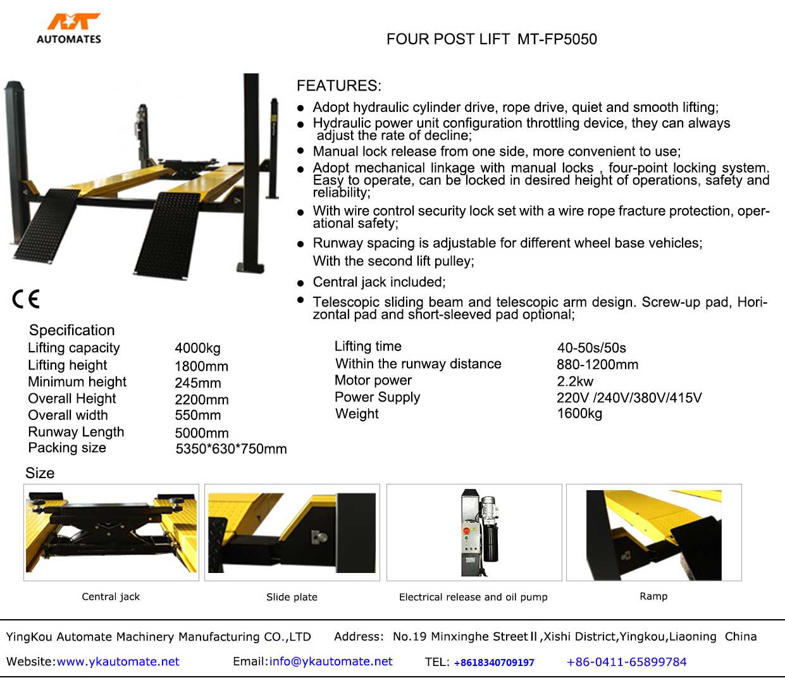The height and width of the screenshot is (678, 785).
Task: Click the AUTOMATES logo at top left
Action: pyautogui.click(x=69, y=29)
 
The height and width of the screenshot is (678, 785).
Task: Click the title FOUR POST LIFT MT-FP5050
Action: pyautogui.click(x=491, y=39)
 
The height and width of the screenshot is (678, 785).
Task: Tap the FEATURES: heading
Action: pyautogui.click(x=339, y=86)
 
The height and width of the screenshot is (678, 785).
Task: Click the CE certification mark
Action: pyautogui.click(x=26, y=299)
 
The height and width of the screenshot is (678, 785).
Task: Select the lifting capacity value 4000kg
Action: pyautogui.click(x=197, y=348)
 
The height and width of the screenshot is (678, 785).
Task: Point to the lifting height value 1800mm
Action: pyautogui.click(x=201, y=366)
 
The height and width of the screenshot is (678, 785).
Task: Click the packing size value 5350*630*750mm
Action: pyautogui.click(x=231, y=449)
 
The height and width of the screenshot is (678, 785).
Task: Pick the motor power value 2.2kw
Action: pyautogui.click(x=575, y=381)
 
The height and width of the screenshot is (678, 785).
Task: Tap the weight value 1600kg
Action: pyautogui.click(x=579, y=414)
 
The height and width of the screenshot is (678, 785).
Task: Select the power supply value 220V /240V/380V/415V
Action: pyautogui.click(x=629, y=398)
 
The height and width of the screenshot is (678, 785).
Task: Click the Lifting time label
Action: pyautogui.click(x=368, y=347)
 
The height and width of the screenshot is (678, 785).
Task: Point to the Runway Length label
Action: pyautogui.click(x=76, y=432)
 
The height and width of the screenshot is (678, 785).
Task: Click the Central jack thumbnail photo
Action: pyautogui.click(x=111, y=533)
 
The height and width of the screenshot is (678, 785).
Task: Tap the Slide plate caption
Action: pyautogui.click(x=292, y=597)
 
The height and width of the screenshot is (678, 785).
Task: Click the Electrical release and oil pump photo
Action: pyautogui.click(x=474, y=533)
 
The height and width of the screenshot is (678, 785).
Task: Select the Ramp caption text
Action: pyautogui.click(x=653, y=596)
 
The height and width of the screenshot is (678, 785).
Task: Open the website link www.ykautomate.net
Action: pyautogui.click(x=118, y=662)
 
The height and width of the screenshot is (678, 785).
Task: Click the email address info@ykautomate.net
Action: pyautogui.click(x=331, y=662)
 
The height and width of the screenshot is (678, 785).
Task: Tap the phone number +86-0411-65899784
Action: pyautogui.click(x=626, y=662)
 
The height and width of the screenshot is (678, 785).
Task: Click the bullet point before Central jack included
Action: pyautogui.click(x=300, y=283)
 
